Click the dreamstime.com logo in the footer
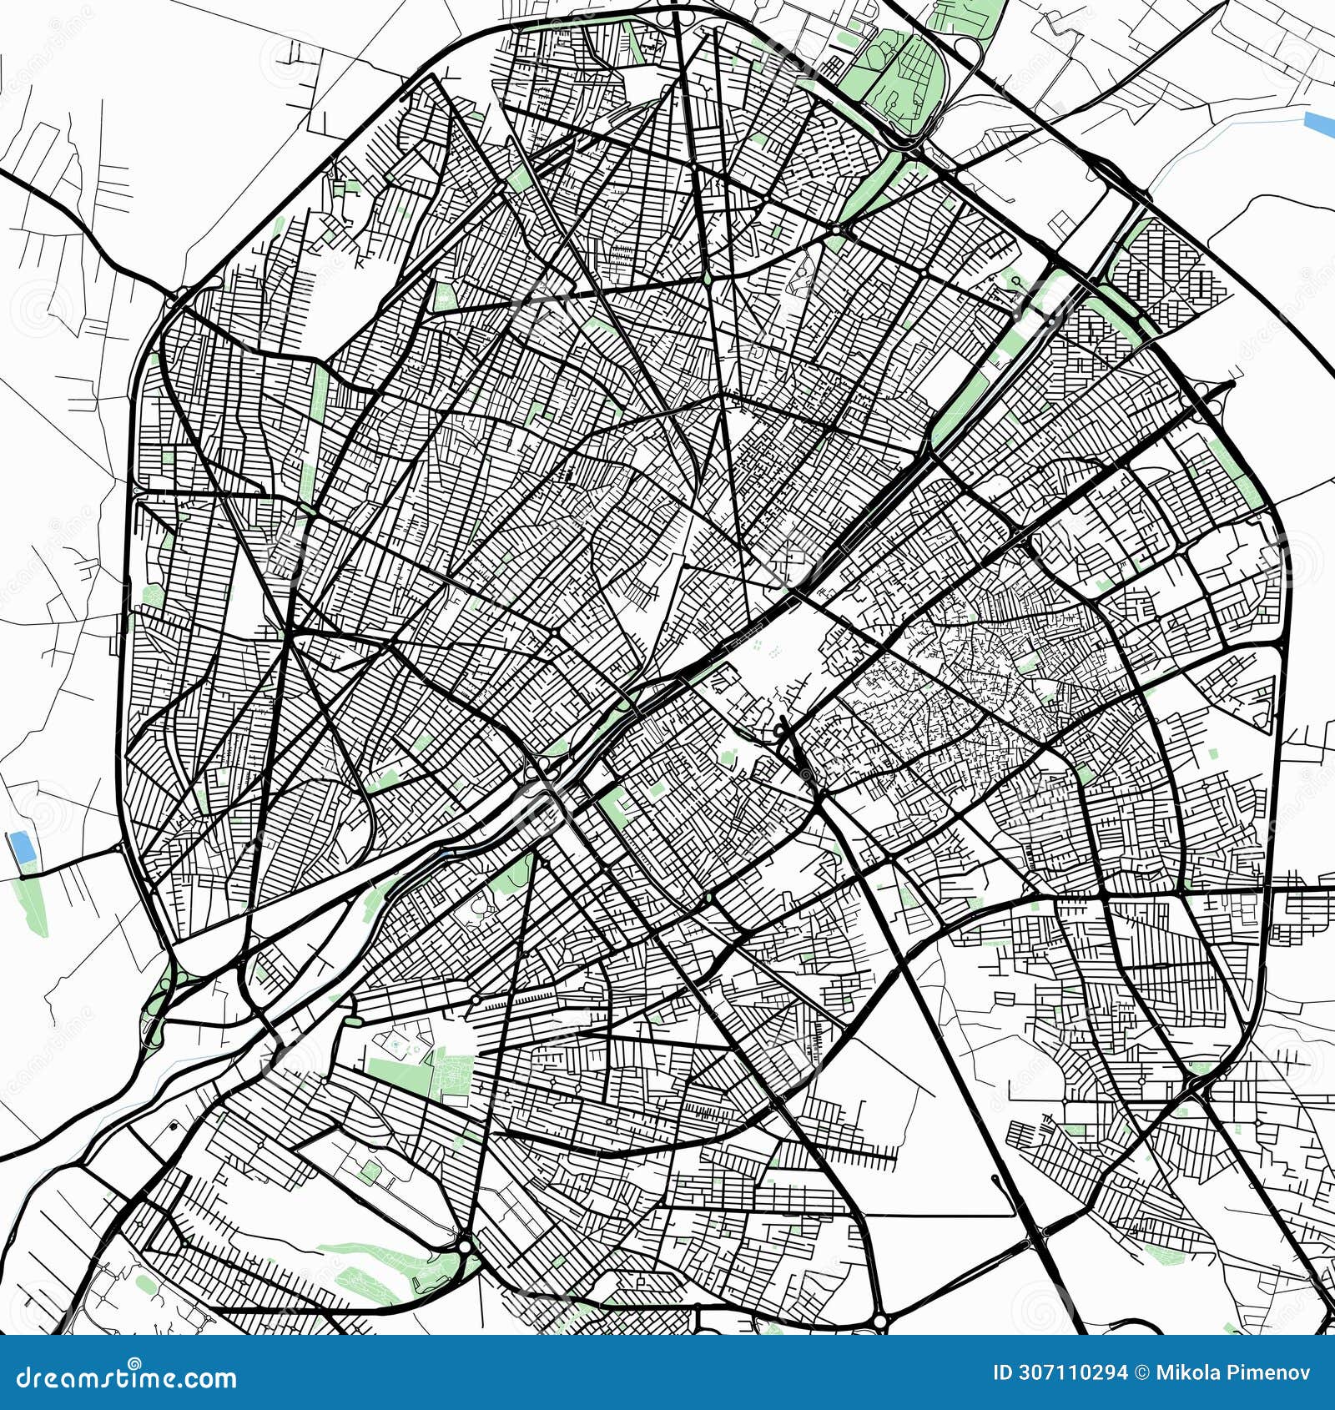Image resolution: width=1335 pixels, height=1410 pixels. (x=126, y=1377)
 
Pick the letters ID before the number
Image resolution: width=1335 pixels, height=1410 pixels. (x=1002, y=1372)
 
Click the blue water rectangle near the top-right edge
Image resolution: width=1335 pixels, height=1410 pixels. (x=1319, y=123)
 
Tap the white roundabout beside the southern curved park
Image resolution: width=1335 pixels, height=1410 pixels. (x=464, y=1246)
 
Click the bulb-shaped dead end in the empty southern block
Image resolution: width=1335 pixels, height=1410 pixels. (x=995, y=1179)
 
